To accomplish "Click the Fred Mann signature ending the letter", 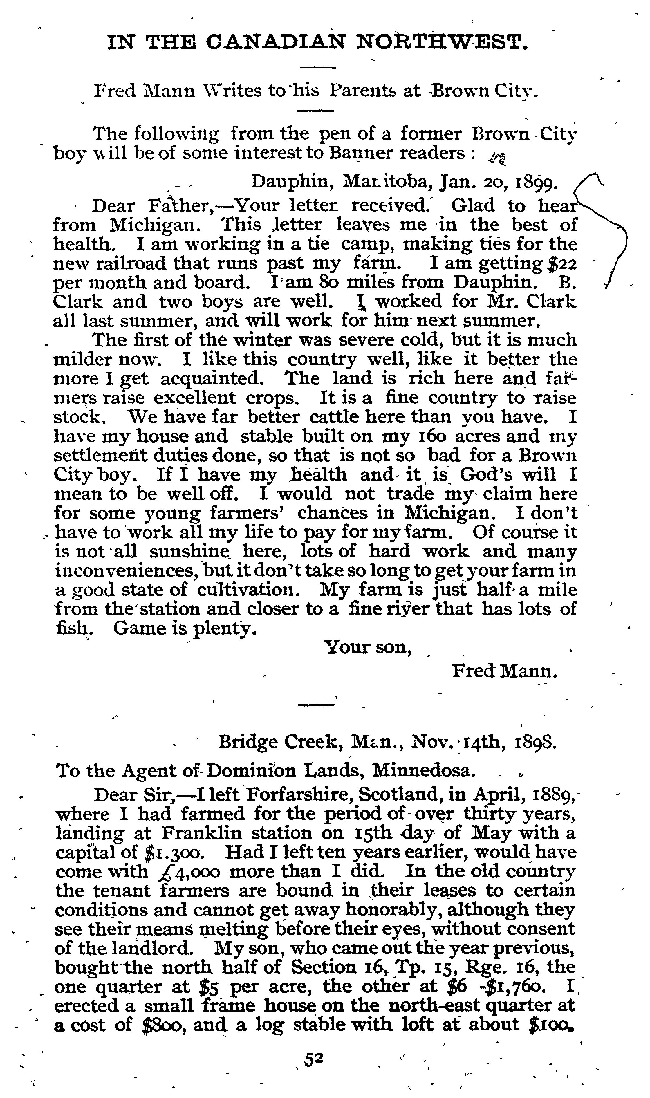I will tap(505, 671).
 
